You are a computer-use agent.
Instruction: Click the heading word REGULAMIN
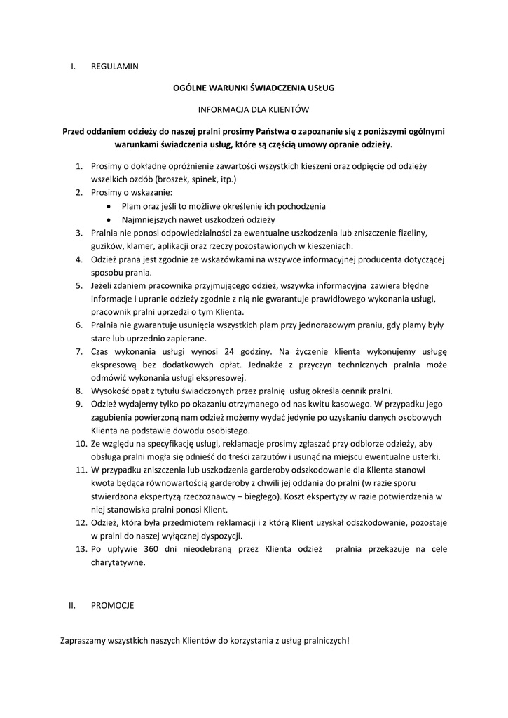(x=115, y=67)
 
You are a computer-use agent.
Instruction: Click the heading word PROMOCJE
(x=112, y=604)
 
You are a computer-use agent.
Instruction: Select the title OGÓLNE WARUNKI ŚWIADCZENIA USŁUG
(x=254, y=88)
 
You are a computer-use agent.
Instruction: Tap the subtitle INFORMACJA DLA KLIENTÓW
(x=254, y=109)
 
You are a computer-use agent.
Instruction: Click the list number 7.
(x=79, y=351)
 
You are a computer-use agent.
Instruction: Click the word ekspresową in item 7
(x=113, y=365)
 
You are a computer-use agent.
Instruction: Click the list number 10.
(x=79, y=443)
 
